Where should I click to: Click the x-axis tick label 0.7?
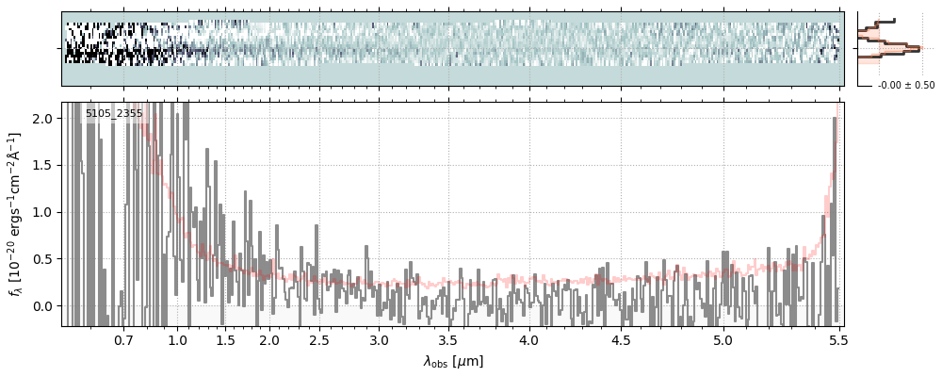point(123,339)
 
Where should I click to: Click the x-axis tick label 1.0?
point(178,339)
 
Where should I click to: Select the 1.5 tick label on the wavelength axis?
point(226,339)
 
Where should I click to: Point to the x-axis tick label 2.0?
point(269,339)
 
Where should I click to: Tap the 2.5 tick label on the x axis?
point(319,339)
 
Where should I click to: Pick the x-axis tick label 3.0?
point(379,339)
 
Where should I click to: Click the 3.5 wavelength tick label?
point(448,339)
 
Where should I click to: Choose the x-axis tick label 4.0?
point(529,339)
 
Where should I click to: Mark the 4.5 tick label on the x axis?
point(622,339)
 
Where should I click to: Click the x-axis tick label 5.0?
point(723,339)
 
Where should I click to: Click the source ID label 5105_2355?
point(114,114)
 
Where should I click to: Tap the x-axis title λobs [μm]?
point(452,361)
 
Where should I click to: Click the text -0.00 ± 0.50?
point(905,86)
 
